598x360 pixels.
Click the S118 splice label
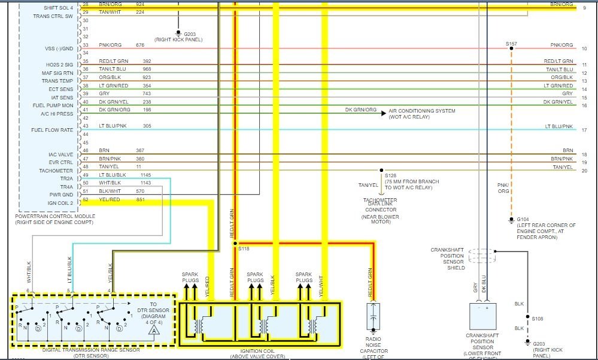[x=243, y=248]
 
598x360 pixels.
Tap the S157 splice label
[x=511, y=44]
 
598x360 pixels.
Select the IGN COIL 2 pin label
[x=62, y=203]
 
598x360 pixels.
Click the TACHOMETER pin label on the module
[x=57, y=171]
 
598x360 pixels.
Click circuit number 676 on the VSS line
[x=139, y=45]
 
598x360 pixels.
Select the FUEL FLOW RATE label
[x=52, y=130]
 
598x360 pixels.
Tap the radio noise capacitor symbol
[x=372, y=317]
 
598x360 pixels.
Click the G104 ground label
[x=523, y=219]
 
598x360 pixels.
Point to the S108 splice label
[x=538, y=318]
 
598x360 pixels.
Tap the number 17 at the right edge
[x=584, y=130]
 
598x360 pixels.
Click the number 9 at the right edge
[x=584, y=8]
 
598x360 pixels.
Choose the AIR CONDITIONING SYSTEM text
[x=421, y=111]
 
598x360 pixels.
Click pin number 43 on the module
[x=86, y=126]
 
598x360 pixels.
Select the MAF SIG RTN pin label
[x=57, y=73]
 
